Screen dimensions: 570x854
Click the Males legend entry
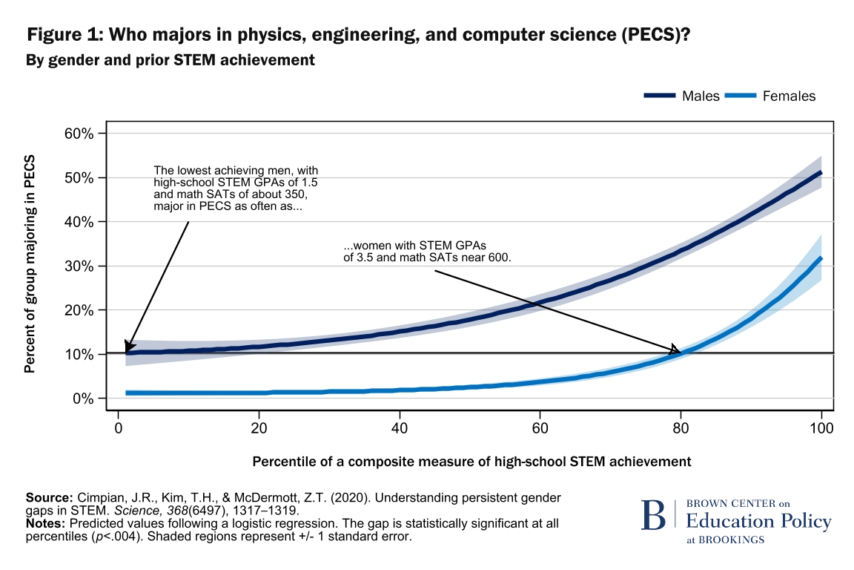[x=681, y=96]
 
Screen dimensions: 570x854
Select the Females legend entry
[x=770, y=96]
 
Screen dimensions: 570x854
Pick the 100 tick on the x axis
[x=821, y=427]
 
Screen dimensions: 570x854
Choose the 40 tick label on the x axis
[x=400, y=427]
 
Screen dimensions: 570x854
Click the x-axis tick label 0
[x=119, y=427]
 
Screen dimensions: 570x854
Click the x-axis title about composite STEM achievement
[x=471, y=462]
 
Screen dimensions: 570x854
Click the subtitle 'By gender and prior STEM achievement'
[x=171, y=60]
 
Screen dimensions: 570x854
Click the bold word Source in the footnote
[x=47, y=497]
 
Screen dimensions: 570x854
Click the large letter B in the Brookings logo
[x=654, y=517]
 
